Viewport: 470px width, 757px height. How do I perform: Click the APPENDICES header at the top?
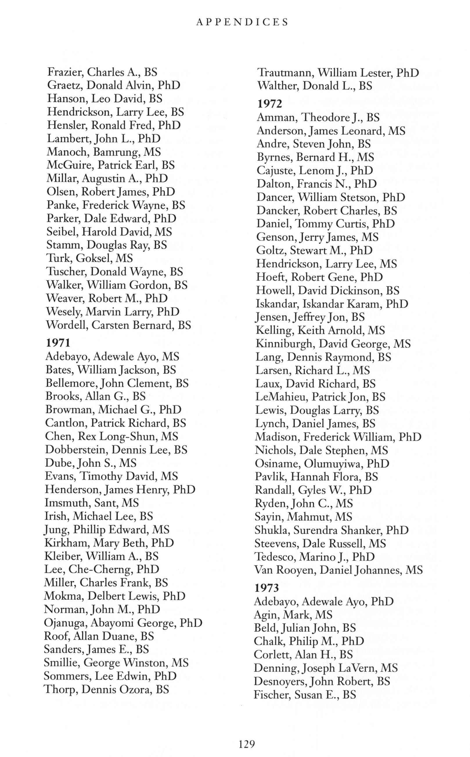point(242,22)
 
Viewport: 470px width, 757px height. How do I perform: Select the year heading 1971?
point(58,343)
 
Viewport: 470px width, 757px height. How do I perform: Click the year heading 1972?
point(269,104)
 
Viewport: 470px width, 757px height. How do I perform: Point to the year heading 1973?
point(267,588)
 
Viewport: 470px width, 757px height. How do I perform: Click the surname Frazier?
point(64,72)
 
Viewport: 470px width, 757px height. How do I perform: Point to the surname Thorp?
point(60,689)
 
